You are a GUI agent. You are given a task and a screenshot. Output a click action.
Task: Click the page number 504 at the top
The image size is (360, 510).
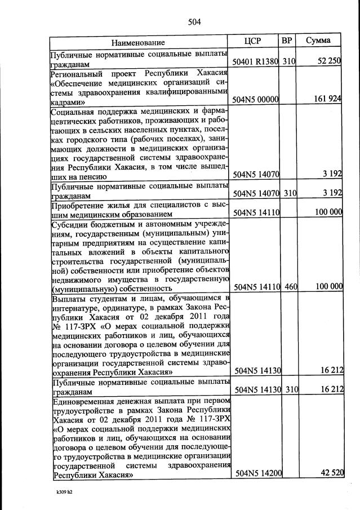194,23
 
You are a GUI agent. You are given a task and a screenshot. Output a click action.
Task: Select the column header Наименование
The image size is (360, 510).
138,42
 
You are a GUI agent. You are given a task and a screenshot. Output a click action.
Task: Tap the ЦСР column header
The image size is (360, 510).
255,41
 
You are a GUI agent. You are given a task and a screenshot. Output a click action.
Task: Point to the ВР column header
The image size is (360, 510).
287,41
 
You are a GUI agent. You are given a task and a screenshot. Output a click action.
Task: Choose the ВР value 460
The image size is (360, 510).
290,287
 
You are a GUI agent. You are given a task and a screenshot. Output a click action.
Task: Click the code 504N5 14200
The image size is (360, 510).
257,473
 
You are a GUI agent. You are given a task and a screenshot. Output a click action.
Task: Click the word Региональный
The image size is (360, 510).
77,73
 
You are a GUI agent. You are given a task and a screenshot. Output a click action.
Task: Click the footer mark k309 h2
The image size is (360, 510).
61,492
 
